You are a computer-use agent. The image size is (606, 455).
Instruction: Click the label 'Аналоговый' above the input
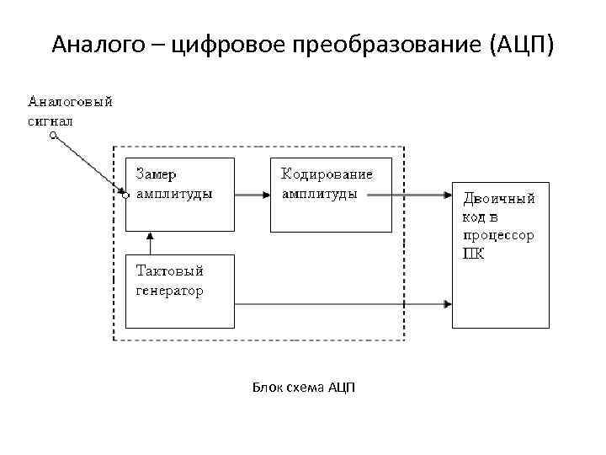71,103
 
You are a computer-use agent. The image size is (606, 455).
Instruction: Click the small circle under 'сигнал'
53,135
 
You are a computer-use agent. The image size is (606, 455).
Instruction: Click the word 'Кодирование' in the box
327,174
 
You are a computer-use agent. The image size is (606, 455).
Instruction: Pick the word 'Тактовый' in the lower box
170,271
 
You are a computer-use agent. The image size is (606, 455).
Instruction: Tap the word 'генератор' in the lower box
170,291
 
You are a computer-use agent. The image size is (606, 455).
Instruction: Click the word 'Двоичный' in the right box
499,200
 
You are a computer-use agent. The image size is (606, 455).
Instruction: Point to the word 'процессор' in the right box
497,235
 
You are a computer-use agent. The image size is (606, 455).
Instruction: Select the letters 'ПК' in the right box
473,253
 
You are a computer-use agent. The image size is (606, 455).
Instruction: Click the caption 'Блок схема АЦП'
304,388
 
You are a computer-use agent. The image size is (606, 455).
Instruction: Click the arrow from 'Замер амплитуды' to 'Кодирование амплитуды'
252,195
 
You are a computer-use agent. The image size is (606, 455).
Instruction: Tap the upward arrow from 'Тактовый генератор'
151,243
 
